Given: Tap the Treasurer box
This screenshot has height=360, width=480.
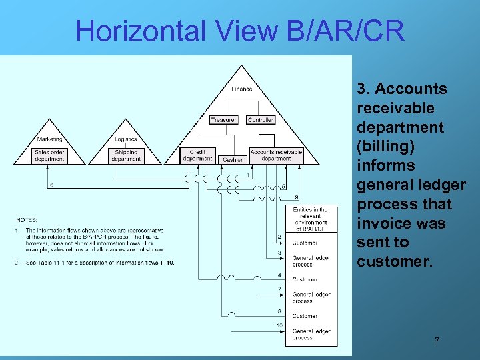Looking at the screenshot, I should tap(223, 120).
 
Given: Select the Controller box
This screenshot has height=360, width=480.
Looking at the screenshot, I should tap(261, 120).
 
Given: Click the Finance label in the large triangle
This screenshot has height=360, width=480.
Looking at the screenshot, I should tap(242, 89).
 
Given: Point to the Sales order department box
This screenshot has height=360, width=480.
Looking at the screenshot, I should tap(51, 156).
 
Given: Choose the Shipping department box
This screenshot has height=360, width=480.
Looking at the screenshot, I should tap(126, 156).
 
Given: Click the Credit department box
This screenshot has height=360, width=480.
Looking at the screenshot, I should tap(198, 155).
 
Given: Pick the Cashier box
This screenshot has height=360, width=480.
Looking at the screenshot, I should tap(233, 160).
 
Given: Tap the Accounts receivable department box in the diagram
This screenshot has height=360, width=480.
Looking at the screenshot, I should tap(276, 155).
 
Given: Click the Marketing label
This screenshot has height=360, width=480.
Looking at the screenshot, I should tap(50, 139).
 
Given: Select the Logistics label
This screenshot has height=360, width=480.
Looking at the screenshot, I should tap(125, 139).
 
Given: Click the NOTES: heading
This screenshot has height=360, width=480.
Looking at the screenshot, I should tap(27, 219).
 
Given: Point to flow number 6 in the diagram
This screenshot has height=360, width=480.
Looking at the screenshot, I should tap(52, 185).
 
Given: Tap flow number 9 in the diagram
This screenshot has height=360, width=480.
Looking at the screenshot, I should tap(296, 197).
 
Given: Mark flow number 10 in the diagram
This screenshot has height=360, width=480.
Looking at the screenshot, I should tap(279, 325).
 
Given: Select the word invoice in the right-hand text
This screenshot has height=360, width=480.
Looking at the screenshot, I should tap(382, 223).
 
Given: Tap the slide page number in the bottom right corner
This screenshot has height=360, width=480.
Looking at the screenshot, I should tap(437, 341).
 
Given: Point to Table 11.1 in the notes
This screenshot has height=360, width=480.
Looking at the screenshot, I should tap(63, 263).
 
